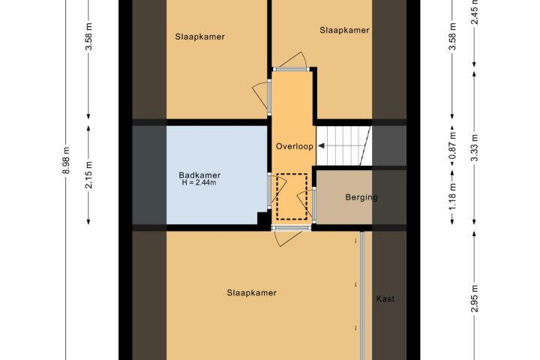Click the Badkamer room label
point(199,175)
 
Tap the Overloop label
point(295,146)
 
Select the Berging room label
point(361,197)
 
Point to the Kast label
point(385,299)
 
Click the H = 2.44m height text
point(199,182)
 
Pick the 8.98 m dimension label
point(67,160)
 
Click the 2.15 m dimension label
point(88,175)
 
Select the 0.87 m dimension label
point(452,145)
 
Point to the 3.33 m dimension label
point(475,148)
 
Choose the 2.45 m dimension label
point(475,12)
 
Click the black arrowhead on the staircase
point(321,146)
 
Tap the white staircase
point(343,145)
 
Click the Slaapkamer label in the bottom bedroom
point(251,292)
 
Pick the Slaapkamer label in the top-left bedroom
point(199,37)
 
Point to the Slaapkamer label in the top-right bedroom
point(344,30)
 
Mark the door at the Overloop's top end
point(292,69)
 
